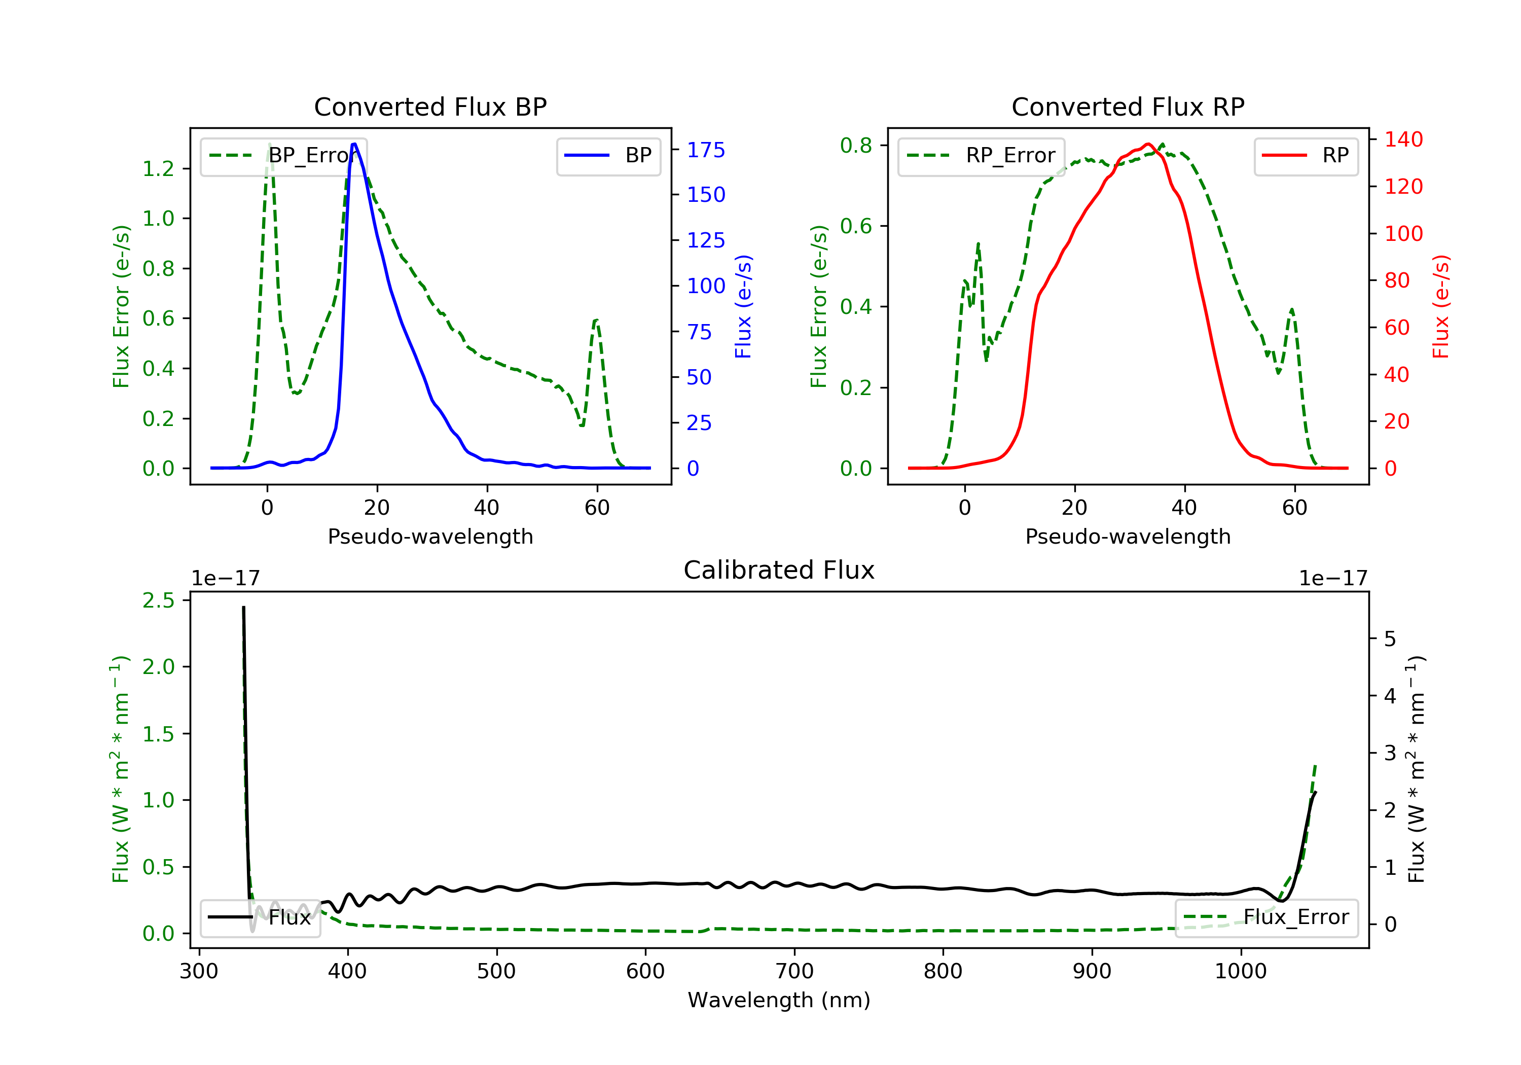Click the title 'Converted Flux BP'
click(430, 106)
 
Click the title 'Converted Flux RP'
click(1128, 106)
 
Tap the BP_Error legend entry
click(283, 156)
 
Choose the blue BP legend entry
click(608, 156)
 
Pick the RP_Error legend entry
click(981, 156)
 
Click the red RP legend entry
click(1306, 156)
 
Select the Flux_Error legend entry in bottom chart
click(1266, 917)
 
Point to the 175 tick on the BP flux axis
click(706, 151)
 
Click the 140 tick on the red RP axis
click(1403, 140)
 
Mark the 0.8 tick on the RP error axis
click(856, 145)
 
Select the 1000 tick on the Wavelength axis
click(1240, 972)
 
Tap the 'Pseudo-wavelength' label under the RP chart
click(1128, 537)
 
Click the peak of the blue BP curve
click(354, 144)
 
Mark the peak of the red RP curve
click(1148, 144)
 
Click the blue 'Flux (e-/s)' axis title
click(743, 307)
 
